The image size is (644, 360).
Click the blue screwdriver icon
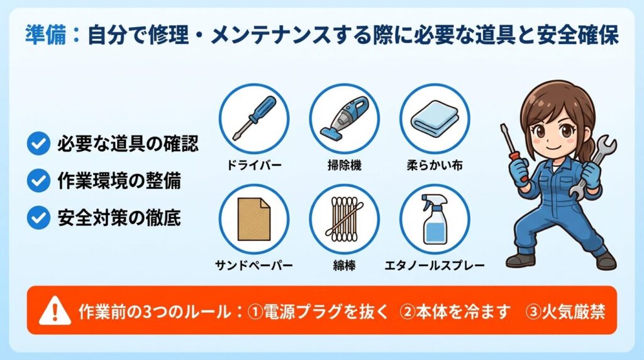click(x=253, y=118)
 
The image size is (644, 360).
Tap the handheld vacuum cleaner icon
click(x=344, y=118)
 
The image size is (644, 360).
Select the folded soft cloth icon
click(x=435, y=118)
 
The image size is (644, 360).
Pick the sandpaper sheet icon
click(x=253, y=218)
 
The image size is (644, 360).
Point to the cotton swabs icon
click(x=344, y=218)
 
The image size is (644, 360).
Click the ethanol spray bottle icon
click(x=435, y=218)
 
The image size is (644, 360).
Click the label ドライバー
click(x=253, y=166)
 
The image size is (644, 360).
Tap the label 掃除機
click(x=344, y=166)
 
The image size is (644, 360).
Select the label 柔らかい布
click(x=435, y=166)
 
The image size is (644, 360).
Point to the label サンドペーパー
click(x=253, y=266)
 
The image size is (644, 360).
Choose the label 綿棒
click(x=344, y=266)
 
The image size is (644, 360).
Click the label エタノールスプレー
click(x=435, y=266)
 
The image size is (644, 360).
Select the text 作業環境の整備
click(x=119, y=181)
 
